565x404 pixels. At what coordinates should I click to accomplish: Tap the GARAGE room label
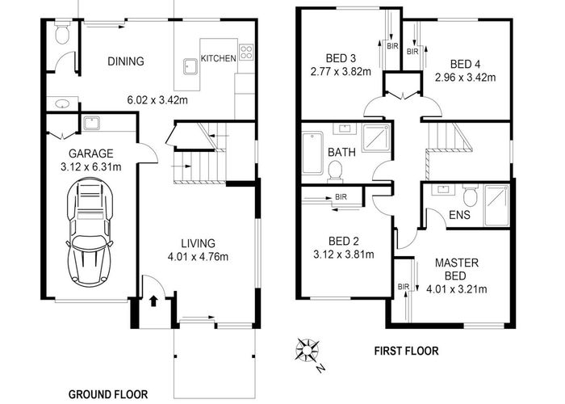(91, 154)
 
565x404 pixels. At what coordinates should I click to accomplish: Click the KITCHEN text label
(218, 58)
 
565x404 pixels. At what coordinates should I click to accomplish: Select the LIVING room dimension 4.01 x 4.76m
(198, 258)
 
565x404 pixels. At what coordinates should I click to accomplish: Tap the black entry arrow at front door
(153, 302)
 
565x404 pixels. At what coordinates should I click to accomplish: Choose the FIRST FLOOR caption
(405, 351)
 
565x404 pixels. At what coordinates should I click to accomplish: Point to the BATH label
(338, 152)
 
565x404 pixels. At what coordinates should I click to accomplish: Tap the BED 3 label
(340, 58)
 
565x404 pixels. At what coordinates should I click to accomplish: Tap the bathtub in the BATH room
(312, 154)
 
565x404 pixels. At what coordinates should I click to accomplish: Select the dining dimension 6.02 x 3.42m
(158, 101)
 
